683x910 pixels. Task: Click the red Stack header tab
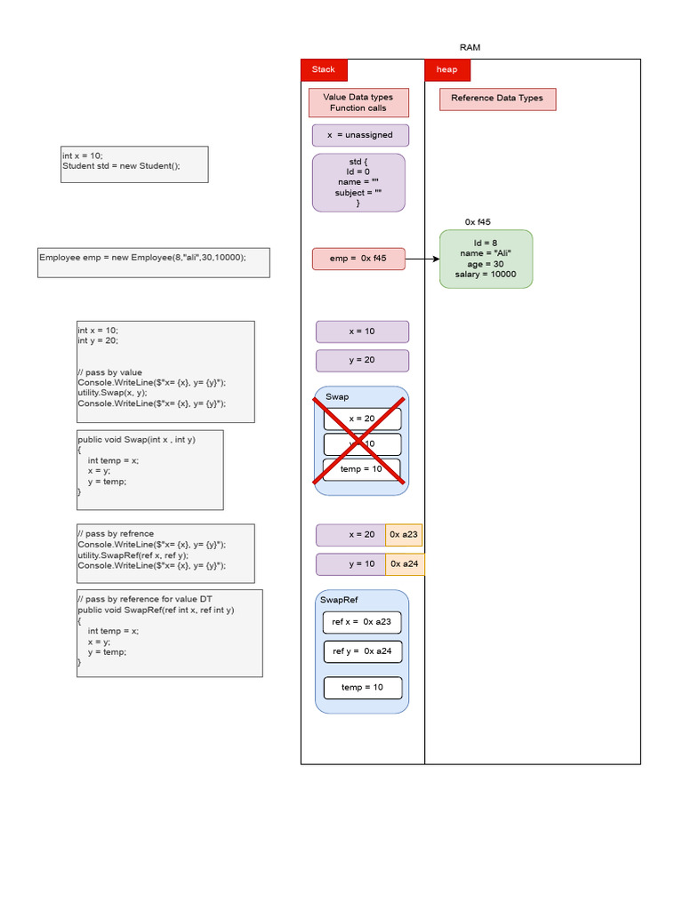coord(324,69)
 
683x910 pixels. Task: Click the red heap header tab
coord(447,69)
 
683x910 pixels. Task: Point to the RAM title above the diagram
coord(470,47)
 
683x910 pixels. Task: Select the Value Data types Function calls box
coord(358,102)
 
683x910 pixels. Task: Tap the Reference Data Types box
coord(497,99)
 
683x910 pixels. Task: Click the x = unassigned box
coord(360,135)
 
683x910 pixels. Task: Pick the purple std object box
coord(358,182)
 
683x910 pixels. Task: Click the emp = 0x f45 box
coord(358,259)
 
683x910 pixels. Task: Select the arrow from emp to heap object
coord(422,259)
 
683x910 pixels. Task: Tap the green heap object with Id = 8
coord(486,259)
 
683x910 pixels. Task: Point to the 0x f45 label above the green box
coord(478,222)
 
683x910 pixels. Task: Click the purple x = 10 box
coord(362,331)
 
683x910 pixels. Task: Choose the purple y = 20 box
coord(362,360)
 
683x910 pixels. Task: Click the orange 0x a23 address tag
coord(404,535)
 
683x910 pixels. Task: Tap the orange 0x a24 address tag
coord(404,564)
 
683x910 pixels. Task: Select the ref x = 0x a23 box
coord(362,622)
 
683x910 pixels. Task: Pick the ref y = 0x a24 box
coord(362,651)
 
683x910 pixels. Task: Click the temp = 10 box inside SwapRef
coord(362,688)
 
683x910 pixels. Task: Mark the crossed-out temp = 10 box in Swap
coord(361,469)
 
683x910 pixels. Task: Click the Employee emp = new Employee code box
coord(153,262)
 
